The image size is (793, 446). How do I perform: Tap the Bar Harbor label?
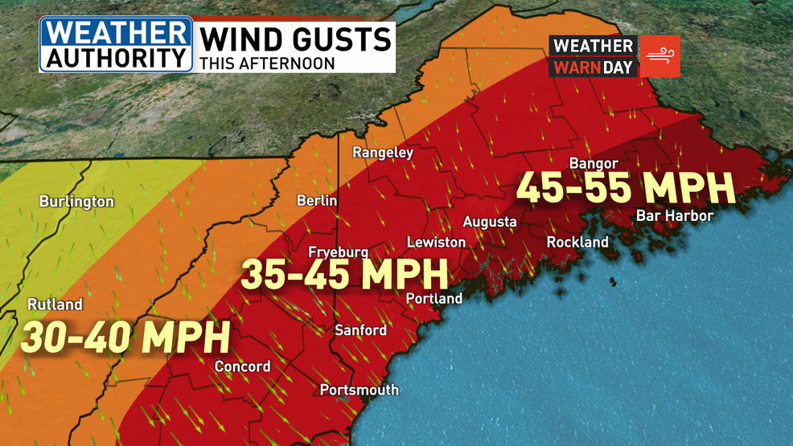tap(674, 215)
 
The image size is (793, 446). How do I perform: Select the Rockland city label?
tap(577, 242)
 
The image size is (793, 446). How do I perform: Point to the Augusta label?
tap(489, 221)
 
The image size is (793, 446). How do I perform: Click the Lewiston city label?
tap(436, 242)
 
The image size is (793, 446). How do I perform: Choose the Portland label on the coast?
tap(434, 299)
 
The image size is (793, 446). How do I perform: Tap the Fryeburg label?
tap(338, 252)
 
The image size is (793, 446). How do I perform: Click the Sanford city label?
tap(360, 330)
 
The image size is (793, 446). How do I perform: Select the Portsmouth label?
tap(359, 390)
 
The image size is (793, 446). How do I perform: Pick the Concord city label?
tap(242, 366)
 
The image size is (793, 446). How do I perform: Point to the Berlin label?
tap(317, 201)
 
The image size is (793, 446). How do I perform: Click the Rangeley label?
tap(383, 152)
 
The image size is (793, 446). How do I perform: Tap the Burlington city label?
tap(76, 202)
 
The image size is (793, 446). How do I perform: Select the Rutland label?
tap(55, 305)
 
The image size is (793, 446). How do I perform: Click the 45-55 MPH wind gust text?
tap(625, 188)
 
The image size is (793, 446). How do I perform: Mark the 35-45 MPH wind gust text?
tap(344, 275)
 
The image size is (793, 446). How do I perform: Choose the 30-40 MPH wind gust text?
tap(125, 338)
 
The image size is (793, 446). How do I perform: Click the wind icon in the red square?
tap(659, 56)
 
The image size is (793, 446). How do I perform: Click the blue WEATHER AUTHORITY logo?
tap(116, 44)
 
